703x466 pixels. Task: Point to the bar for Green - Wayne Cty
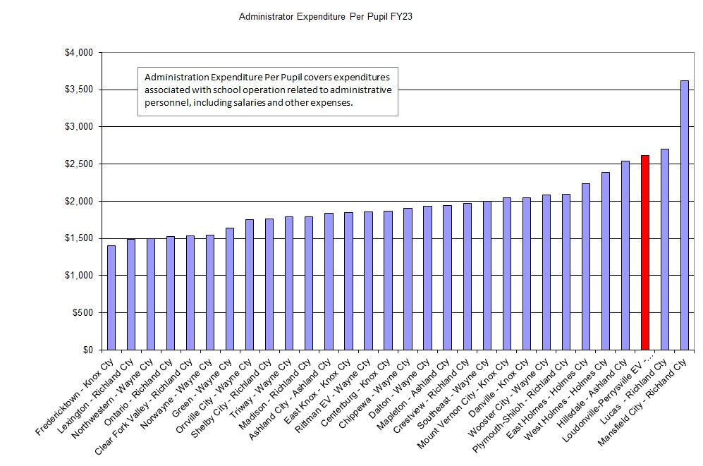(230, 288)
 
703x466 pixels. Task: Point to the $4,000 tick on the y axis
(78, 52)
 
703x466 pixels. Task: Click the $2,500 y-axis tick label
(78, 164)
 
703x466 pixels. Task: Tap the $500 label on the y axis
(82, 313)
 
